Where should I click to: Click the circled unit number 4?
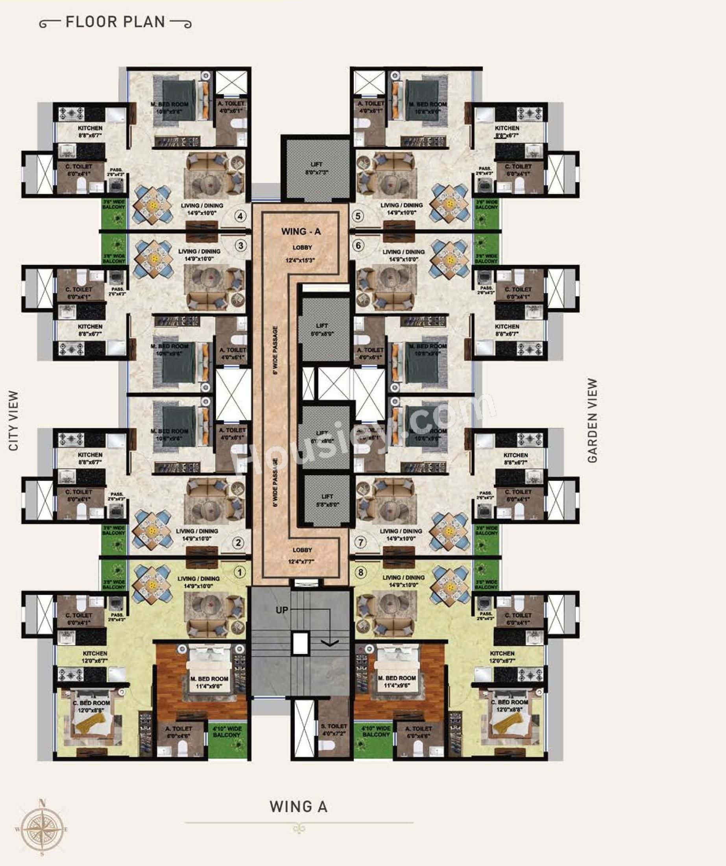[x=240, y=216]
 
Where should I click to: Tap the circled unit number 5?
[x=358, y=216]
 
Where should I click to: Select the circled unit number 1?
[x=240, y=572]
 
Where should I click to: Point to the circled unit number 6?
[x=358, y=246]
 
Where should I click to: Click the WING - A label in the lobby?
[x=301, y=231]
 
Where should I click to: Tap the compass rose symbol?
[x=42, y=829]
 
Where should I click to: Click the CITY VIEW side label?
[x=14, y=420]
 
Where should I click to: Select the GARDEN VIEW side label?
[x=592, y=420]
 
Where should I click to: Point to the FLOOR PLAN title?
[x=116, y=22]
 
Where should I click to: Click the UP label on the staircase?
[x=282, y=609]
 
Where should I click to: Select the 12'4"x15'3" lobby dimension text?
[x=302, y=260]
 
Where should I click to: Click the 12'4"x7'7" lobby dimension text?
[x=303, y=561]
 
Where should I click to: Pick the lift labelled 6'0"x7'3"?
[x=317, y=168]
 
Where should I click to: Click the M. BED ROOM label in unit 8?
[x=397, y=678]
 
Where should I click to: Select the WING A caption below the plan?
[x=299, y=807]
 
